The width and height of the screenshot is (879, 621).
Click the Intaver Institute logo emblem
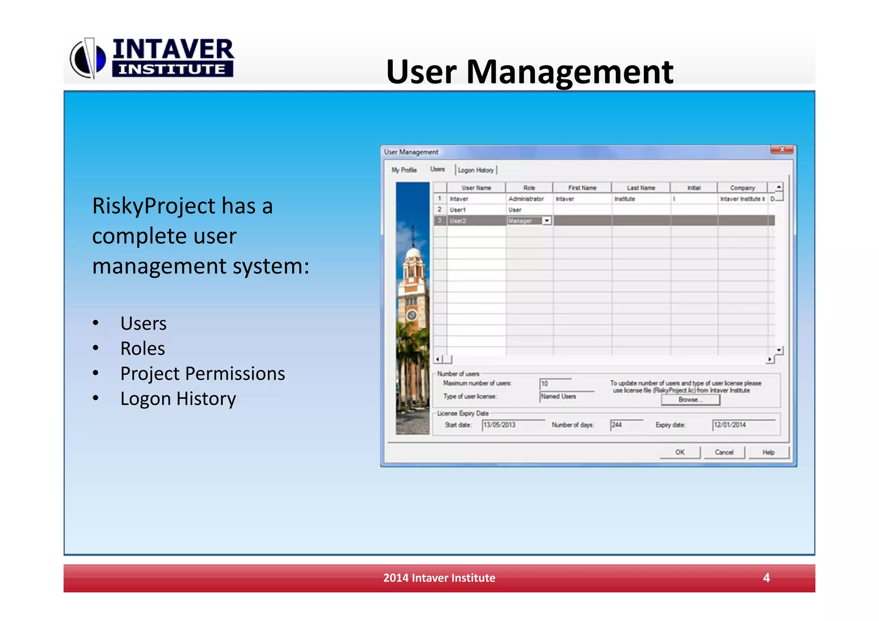click(x=88, y=58)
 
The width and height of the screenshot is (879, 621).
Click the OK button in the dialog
click(x=679, y=452)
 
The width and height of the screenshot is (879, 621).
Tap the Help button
click(x=768, y=452)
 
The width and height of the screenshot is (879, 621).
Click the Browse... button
click(x=690, y=400)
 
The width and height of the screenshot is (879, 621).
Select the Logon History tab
click(x=476, y=170)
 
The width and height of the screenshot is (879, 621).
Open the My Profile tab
click(x=404, y=170)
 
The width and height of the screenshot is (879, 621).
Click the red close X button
click(x=782, y=150)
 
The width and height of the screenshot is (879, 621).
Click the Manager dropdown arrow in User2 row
click(x=547, y=221)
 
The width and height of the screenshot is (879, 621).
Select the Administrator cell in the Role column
click(x=526, y=199)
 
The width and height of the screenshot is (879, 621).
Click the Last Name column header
click(x=641, y=188)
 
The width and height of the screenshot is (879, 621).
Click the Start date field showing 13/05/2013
click(x=512, y=425)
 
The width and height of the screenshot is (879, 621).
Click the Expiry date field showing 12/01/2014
click(x=743, y=425)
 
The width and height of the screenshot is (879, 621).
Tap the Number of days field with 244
click(x=626, y=425)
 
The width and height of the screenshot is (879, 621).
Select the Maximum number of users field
click(x=555, y=383)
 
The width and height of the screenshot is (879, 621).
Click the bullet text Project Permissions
click(x=203, y=373)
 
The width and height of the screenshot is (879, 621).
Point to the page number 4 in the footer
click(x=766, y=578)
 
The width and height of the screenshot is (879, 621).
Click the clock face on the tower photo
click(x=412, y=315)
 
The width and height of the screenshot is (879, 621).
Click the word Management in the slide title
click(x=570, y=71)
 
